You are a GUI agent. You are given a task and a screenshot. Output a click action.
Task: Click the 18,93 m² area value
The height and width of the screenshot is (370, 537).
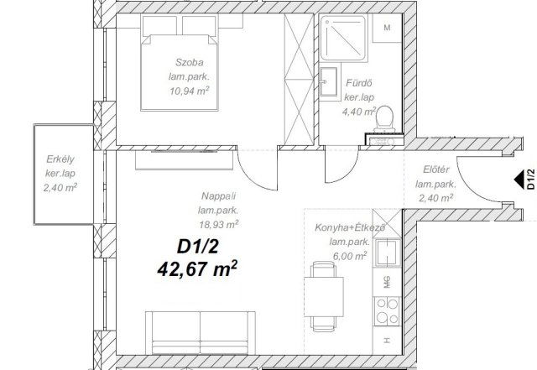point(218,223)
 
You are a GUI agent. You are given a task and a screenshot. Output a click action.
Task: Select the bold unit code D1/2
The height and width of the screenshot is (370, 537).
point(197,247)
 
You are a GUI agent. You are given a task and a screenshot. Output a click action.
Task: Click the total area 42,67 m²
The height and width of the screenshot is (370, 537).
point(197,269)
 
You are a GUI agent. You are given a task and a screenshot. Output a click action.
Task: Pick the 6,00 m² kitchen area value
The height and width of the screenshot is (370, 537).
point(351,255)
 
